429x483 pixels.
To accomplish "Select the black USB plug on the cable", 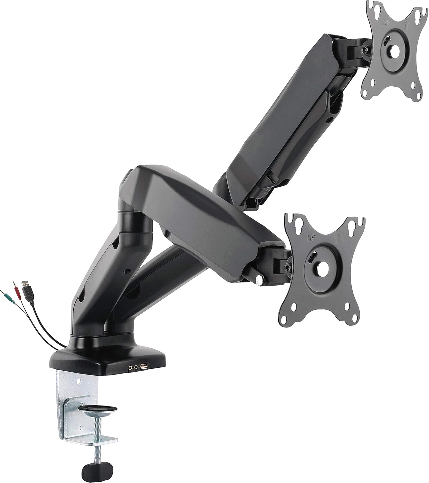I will pyautogui.click(x=27, y=290).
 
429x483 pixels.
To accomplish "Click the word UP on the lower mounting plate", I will pyautogui.click(x=311, y=238).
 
